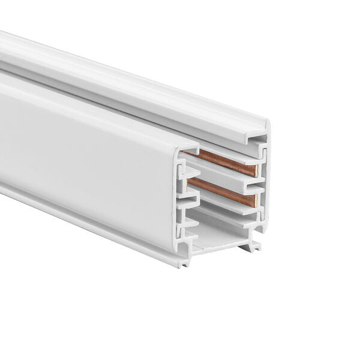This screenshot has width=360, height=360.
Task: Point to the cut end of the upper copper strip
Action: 254,170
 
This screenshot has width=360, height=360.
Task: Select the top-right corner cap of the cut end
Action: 264,127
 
